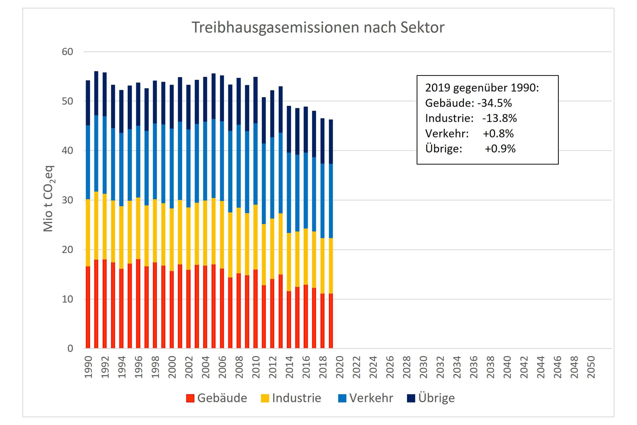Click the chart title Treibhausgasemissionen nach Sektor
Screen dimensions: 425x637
tap(318, 27)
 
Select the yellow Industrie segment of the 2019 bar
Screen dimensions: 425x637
tap(331, 266)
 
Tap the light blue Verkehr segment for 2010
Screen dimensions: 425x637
tap(255, 164)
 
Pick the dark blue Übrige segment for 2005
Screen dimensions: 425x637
tap(213, 96)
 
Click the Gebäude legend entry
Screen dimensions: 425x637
tap(217, 398)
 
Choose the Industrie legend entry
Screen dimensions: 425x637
tap(291, 398)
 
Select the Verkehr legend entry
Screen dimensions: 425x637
tap(366, 398)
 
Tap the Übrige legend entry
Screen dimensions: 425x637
tap(431, 398)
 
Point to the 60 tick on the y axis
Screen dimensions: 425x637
tap(67, 52)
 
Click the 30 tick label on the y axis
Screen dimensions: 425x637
tap(67, 200)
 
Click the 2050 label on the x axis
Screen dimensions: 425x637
tap(591, 367)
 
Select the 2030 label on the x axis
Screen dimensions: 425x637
tap(423, 367)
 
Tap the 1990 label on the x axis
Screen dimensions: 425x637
tap(88, 367)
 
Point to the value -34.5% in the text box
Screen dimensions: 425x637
tap(494, 103)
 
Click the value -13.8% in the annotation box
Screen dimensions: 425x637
tap(499, 118)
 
